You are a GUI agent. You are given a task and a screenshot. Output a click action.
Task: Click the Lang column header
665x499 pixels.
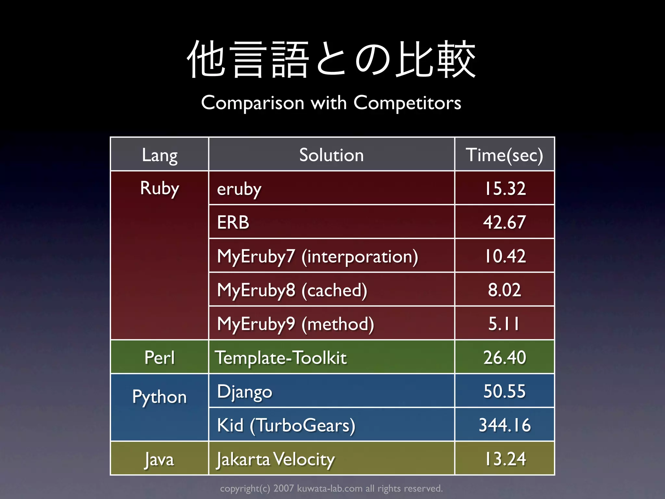coord(159,155)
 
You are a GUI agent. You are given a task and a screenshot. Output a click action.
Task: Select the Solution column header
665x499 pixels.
coord(331,155)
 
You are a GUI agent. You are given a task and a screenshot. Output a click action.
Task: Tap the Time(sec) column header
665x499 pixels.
coord(504,155)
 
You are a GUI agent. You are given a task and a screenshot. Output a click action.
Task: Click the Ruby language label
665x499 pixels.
coord(159,188)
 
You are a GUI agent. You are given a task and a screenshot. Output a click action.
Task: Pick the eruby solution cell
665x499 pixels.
coord(239,189)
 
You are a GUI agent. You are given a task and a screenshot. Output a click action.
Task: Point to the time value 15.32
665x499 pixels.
coord(505,188)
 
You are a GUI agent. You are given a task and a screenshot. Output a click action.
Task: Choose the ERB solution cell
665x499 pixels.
coord(233,223)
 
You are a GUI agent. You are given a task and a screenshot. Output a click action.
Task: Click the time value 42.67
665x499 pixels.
coord(504,223)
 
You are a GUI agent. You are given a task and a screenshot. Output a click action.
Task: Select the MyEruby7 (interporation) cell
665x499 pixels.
coord(318,256)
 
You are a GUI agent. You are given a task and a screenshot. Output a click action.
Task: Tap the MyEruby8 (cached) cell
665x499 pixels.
coord(292,290)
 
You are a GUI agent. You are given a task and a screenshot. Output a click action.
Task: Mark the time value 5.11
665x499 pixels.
coord(504,324)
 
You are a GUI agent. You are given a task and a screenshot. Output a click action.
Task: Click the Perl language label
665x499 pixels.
coord(159,358)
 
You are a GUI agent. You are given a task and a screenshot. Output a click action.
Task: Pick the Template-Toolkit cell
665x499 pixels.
coord(281,358)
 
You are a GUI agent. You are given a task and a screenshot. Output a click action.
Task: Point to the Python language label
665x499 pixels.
coord(159,397)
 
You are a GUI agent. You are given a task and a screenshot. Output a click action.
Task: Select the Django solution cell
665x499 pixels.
coord(245,391)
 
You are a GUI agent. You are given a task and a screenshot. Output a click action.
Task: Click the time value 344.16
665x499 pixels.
coord(505,425)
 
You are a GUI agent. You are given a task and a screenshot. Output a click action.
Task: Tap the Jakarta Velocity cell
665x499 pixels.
coord(276,459)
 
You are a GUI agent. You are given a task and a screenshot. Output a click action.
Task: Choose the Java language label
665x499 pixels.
coord(159,459)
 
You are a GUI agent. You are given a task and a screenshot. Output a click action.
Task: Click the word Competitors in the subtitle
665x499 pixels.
coord(407,103)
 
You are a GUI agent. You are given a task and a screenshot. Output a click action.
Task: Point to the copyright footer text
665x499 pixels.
coord(331,488)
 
